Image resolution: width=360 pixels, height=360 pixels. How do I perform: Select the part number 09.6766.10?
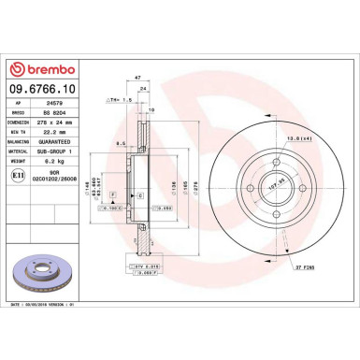click(x=44, y=89)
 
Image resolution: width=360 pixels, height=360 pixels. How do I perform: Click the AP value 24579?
click(x=54, y=106)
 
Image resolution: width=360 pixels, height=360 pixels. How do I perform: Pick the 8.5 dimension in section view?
click(x=121, y=143)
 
